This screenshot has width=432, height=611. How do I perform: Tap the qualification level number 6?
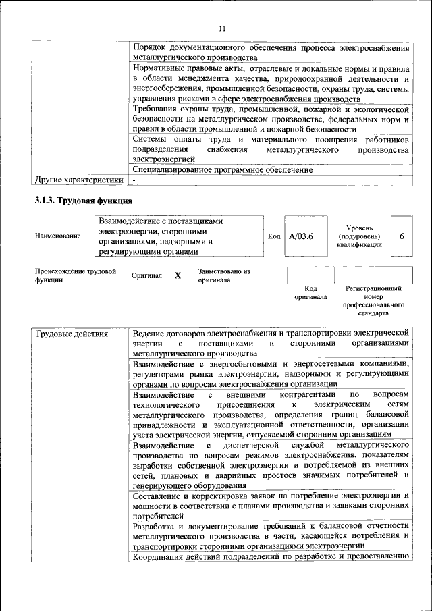(x=402, y=237)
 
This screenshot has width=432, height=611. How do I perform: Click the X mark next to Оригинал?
(x=178, y=276)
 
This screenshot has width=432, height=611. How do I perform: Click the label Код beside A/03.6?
(x=274, y=237)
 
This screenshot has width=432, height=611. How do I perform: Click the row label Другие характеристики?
(x=79, y=180)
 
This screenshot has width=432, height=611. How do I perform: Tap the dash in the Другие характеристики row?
(x=135, y=180)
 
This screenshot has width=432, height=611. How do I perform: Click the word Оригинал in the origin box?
(x=147, y=276)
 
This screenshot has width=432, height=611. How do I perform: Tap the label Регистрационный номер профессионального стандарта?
(x=373, y=301)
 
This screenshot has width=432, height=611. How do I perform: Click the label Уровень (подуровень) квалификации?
(x=359, y=237)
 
